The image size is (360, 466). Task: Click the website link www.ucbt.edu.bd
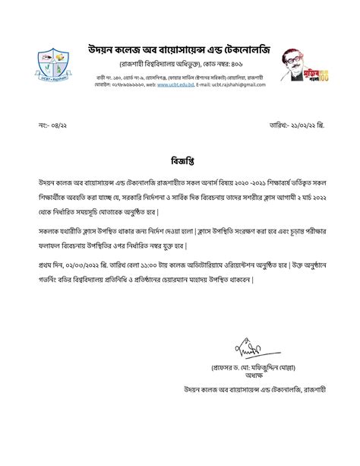[x=174, y=85]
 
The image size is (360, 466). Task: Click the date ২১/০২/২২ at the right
[x=301, y=124]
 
